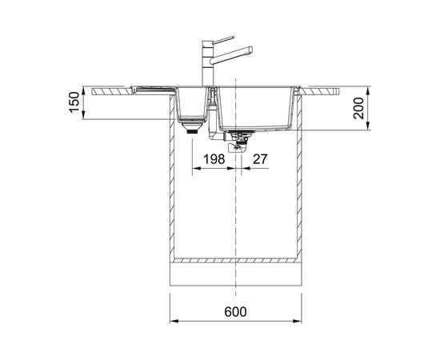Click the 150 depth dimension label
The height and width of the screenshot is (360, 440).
click(x=74, y=102)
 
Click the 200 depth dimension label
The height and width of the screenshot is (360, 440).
click(x=358, y=108)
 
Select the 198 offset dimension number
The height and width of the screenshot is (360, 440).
click(x=214, y=159)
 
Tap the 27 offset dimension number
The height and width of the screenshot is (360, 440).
click(x=260, y=159)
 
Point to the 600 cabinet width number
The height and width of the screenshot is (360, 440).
click(x=236, y=312)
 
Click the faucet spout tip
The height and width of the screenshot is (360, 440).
click(x=250, y=50)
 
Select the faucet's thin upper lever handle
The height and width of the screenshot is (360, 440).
click(x=223, y=40)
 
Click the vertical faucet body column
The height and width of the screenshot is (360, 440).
click(x=208, y=63)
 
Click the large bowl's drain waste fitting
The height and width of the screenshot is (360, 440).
click(x=238, y=142)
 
